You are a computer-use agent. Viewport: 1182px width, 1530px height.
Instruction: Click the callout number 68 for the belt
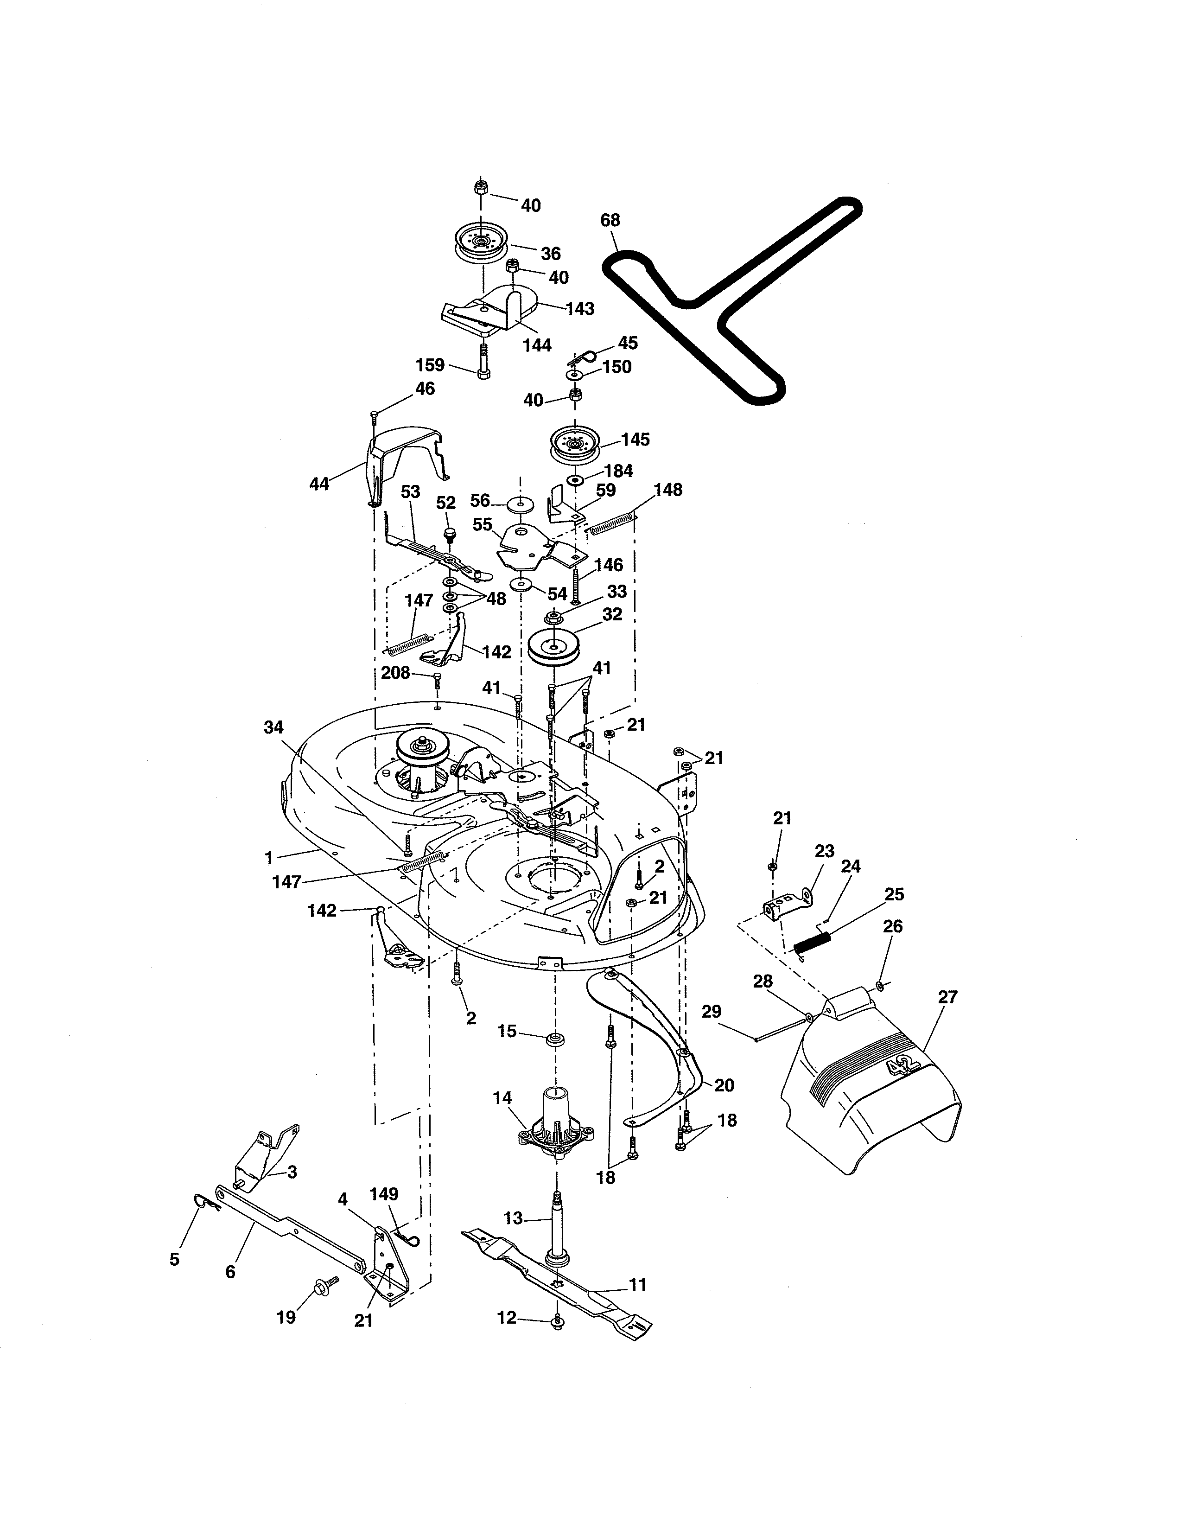tap(610, 220)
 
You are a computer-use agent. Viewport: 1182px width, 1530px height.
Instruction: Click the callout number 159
tap(430, 365)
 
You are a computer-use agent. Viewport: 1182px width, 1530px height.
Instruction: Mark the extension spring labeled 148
tap(613, 525)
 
